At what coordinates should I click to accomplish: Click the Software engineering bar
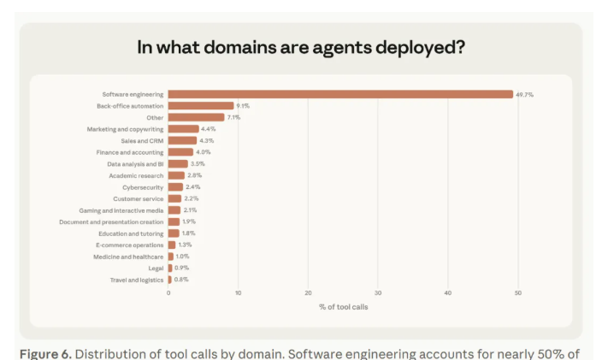click(x=340, y=94)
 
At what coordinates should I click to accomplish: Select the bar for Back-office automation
click(x=200, y=106)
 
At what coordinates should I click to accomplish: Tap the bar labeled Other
click(x=196, y=117)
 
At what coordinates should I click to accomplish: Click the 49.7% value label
click(x=524, y=94)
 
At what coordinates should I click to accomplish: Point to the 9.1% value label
click(x=243, y=106)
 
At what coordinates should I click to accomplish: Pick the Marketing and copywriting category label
click(x=125, y=129)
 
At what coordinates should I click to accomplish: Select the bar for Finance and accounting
click(x=180, y=152)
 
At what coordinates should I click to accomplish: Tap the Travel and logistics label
click(x=136, y=280)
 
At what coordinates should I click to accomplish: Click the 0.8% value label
click(x=182, y=280)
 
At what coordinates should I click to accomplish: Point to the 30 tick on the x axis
click(x=378, y=293)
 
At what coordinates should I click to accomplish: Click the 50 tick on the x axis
click(x=517, y=293)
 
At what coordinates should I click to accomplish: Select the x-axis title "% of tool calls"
click(x=343, y=306)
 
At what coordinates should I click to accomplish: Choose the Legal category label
click(x=156, y=268)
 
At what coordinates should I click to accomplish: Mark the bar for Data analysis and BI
click(x=178, y=163)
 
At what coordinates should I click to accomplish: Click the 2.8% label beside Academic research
click(x=194, y=175)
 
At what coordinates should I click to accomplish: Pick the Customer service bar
click(x=175, y=198)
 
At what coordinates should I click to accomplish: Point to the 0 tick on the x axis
click(x=168, y=293)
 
